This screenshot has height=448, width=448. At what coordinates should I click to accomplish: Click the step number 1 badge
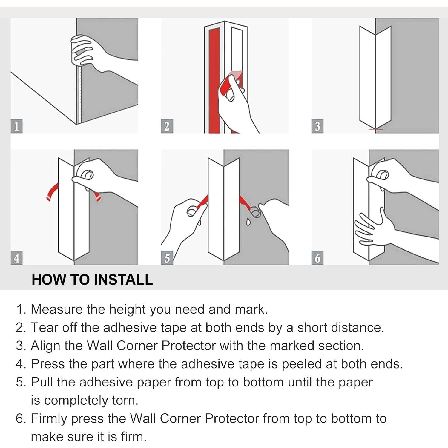tap(16, 126)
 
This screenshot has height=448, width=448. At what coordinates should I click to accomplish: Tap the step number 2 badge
tap(167, 126)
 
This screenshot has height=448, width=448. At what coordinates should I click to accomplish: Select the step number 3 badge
tap(317, 126)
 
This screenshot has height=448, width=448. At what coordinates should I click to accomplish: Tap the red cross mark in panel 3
tap(375, 129)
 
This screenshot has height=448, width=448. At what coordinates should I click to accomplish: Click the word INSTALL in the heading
tap(123, 280)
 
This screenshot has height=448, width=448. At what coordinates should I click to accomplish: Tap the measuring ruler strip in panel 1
tap(79, 96)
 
